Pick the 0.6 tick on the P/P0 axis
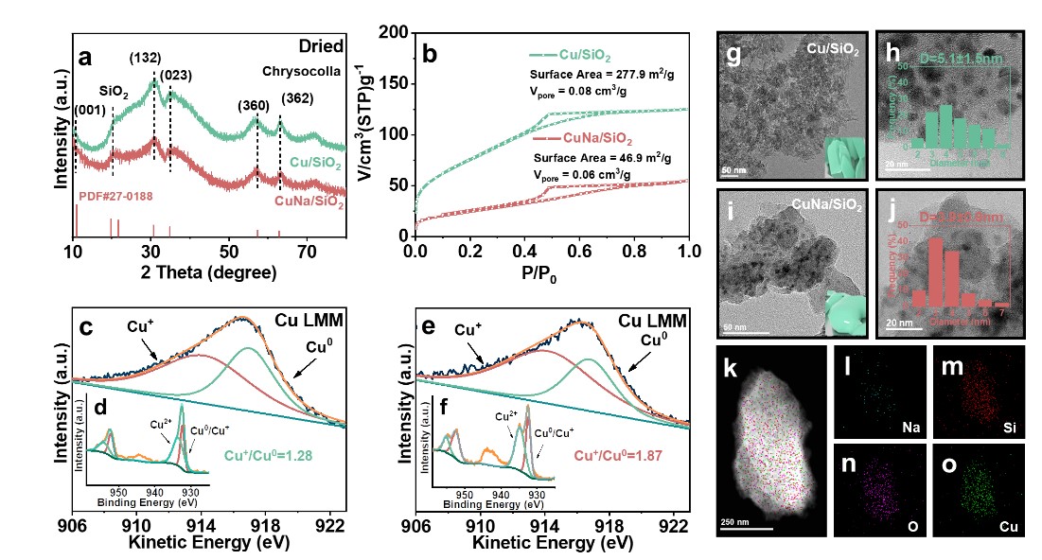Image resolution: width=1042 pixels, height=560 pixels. [x=579, y=254]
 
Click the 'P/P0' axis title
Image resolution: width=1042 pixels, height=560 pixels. [x=551, y=274]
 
